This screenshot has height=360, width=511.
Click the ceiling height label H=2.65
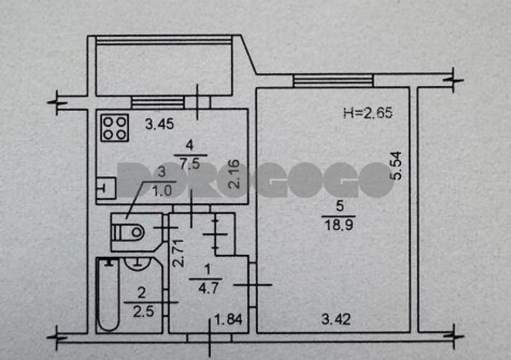368,113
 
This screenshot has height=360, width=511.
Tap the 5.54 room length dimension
397,166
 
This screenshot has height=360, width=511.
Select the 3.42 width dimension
336,319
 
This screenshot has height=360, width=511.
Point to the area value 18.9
339,225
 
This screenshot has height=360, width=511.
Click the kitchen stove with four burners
114,128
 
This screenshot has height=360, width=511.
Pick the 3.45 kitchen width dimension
159,124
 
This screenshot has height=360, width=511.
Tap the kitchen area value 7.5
190,163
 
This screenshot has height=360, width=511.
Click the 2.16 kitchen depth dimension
235,174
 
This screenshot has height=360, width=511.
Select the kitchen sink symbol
106,188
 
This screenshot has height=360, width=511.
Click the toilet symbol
128,232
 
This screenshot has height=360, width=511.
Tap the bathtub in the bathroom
108,294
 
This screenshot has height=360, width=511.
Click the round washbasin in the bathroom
138,263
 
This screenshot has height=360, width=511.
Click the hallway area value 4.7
208,289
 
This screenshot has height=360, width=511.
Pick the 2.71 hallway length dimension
178,253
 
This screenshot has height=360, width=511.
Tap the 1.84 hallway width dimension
228,319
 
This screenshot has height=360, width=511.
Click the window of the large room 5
333,81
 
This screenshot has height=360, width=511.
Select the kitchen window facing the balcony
158,102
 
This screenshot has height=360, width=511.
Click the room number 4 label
190,145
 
